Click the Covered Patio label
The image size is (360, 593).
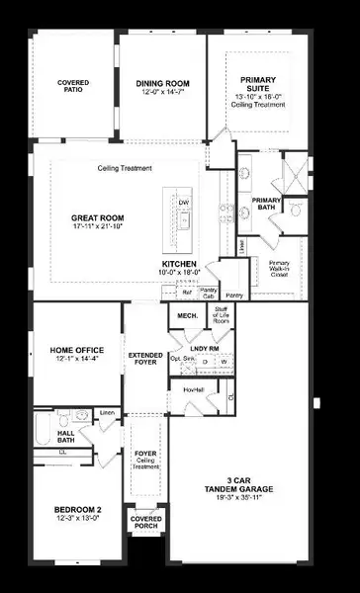tap(73, 86)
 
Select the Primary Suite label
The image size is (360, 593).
tap(264, 85)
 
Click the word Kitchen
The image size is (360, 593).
tap(181, 264)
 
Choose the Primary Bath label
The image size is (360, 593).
tap(267, 204)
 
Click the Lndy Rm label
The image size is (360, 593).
tap(204, 347)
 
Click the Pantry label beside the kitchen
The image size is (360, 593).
tap(234, 295)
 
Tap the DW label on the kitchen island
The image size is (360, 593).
tap(183, 204)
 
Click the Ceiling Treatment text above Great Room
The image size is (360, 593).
tap(125, 168)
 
